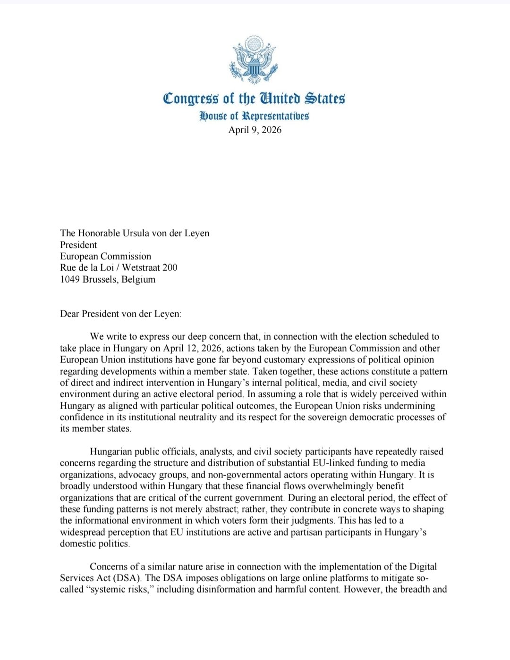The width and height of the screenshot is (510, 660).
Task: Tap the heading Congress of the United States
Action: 254,98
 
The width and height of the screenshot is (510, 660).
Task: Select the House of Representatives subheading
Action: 254,116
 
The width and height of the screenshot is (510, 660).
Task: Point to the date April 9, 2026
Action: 255,130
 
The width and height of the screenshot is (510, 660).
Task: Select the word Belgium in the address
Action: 138,279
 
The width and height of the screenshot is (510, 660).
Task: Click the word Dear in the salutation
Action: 70,314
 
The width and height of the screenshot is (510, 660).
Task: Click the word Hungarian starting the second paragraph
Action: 111,451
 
